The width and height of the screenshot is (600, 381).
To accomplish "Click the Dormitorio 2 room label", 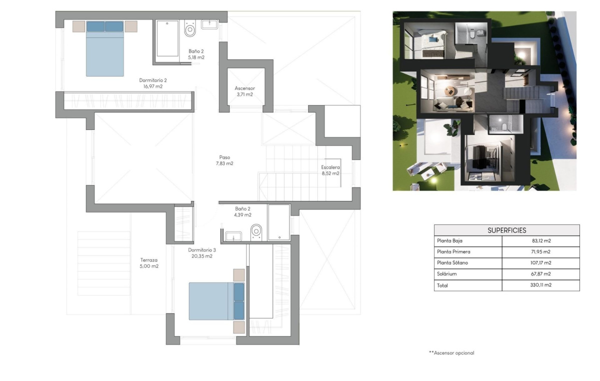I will click(152, 80).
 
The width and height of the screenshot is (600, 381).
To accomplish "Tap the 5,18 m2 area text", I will click(196, 57).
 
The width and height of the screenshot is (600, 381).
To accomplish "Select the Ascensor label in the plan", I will click(244, 88).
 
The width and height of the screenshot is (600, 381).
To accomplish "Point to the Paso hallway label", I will click(224, 157).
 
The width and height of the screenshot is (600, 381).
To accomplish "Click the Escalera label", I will click(330, 167).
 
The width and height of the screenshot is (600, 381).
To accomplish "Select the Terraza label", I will click(149, 260).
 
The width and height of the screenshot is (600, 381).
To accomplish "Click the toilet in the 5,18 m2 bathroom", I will click(189, 29).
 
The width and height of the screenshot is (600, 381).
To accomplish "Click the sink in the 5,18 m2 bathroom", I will click(209, 24).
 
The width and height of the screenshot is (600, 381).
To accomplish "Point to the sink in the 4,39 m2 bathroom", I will click(233, 236).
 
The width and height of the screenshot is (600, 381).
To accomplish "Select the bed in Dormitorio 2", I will click(105, 48).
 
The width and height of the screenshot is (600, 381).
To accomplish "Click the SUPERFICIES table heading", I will click(506, 230).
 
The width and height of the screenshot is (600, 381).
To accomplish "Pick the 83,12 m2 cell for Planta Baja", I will click(540, 240).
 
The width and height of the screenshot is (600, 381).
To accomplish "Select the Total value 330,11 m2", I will click(540, 285).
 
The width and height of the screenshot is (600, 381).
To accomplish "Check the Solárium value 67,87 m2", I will click(540, 274).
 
